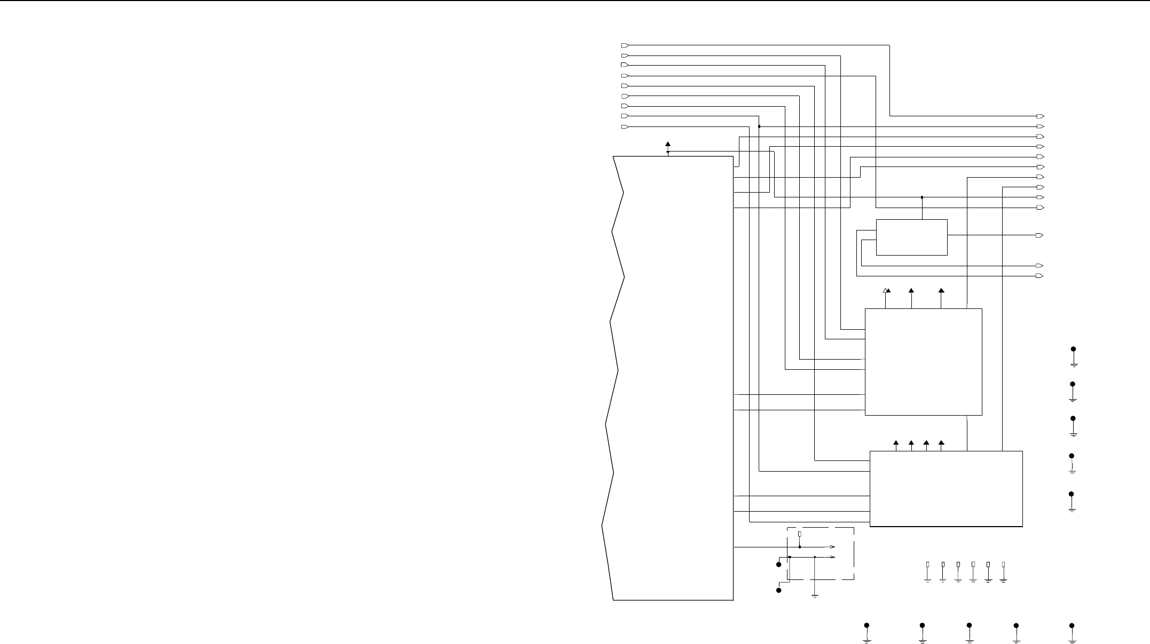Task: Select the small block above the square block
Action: point(911,237)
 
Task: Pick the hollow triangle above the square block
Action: point(885,290)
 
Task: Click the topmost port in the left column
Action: point(625,45)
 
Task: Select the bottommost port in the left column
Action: point(625,126)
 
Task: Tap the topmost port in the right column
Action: point(1039,116)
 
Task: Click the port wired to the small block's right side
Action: point(1039,235)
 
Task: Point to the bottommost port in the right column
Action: point(1039,276)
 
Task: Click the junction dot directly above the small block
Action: point(922,197)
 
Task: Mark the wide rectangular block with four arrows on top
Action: point(946,489)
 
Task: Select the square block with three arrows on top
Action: point(923,362)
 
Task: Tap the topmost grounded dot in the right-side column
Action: point(1074,349)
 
